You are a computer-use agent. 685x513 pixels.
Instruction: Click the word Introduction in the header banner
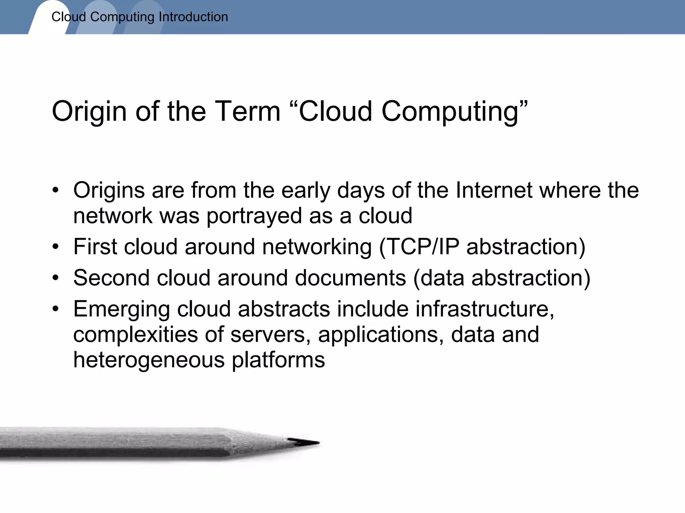click(x=193, y=17)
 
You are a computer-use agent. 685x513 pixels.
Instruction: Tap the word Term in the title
click(x=248, y=111)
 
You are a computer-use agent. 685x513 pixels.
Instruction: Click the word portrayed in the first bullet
click(x=254, y=216)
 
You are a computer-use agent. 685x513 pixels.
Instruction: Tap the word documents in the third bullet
click(x=350, y=278)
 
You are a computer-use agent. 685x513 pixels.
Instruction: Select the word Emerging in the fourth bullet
click(x=121, y=310)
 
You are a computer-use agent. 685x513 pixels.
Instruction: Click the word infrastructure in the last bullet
click(x=485, y=309)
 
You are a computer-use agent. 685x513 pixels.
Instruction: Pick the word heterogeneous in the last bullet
click(x=149, y=360)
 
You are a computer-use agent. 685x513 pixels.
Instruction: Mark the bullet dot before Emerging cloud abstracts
click(x=56, y=309)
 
